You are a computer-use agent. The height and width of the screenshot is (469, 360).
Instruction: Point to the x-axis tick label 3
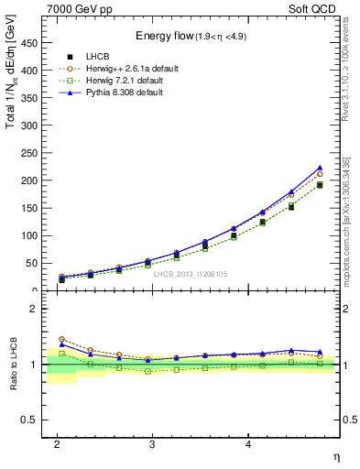pos(152,443)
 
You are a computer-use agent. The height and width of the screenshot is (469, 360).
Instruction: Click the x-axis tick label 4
pos(247,443)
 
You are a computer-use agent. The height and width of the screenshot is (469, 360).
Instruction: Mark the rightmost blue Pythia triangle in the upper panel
pos(320,168)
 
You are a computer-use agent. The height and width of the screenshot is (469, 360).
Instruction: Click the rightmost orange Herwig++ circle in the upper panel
pos(320,173)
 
